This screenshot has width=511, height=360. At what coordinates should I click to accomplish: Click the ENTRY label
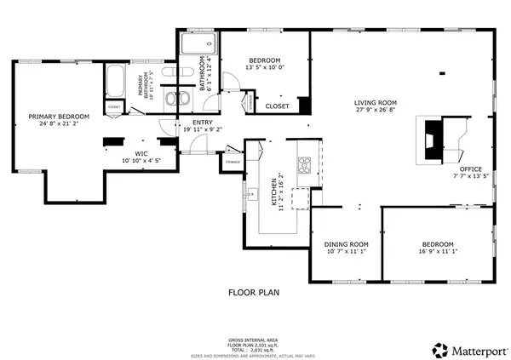[x=203, y=123]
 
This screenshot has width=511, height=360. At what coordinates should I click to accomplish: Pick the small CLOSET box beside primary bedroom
[x=113, y=106]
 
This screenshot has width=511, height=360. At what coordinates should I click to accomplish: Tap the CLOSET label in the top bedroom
[x=277, y=106]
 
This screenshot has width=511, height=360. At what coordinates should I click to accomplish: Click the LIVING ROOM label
[x=376, y=103]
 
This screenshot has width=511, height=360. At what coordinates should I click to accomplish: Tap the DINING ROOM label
[x=345, y=243]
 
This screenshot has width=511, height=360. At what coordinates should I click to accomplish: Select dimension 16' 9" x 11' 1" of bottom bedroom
[x=435, y=252]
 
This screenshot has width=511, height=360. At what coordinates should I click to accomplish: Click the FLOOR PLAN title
[x=255, y=292]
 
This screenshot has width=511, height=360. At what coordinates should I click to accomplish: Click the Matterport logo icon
[x=440, y=348]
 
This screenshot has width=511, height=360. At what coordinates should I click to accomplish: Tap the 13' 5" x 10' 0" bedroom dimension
[x=267, y=67]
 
